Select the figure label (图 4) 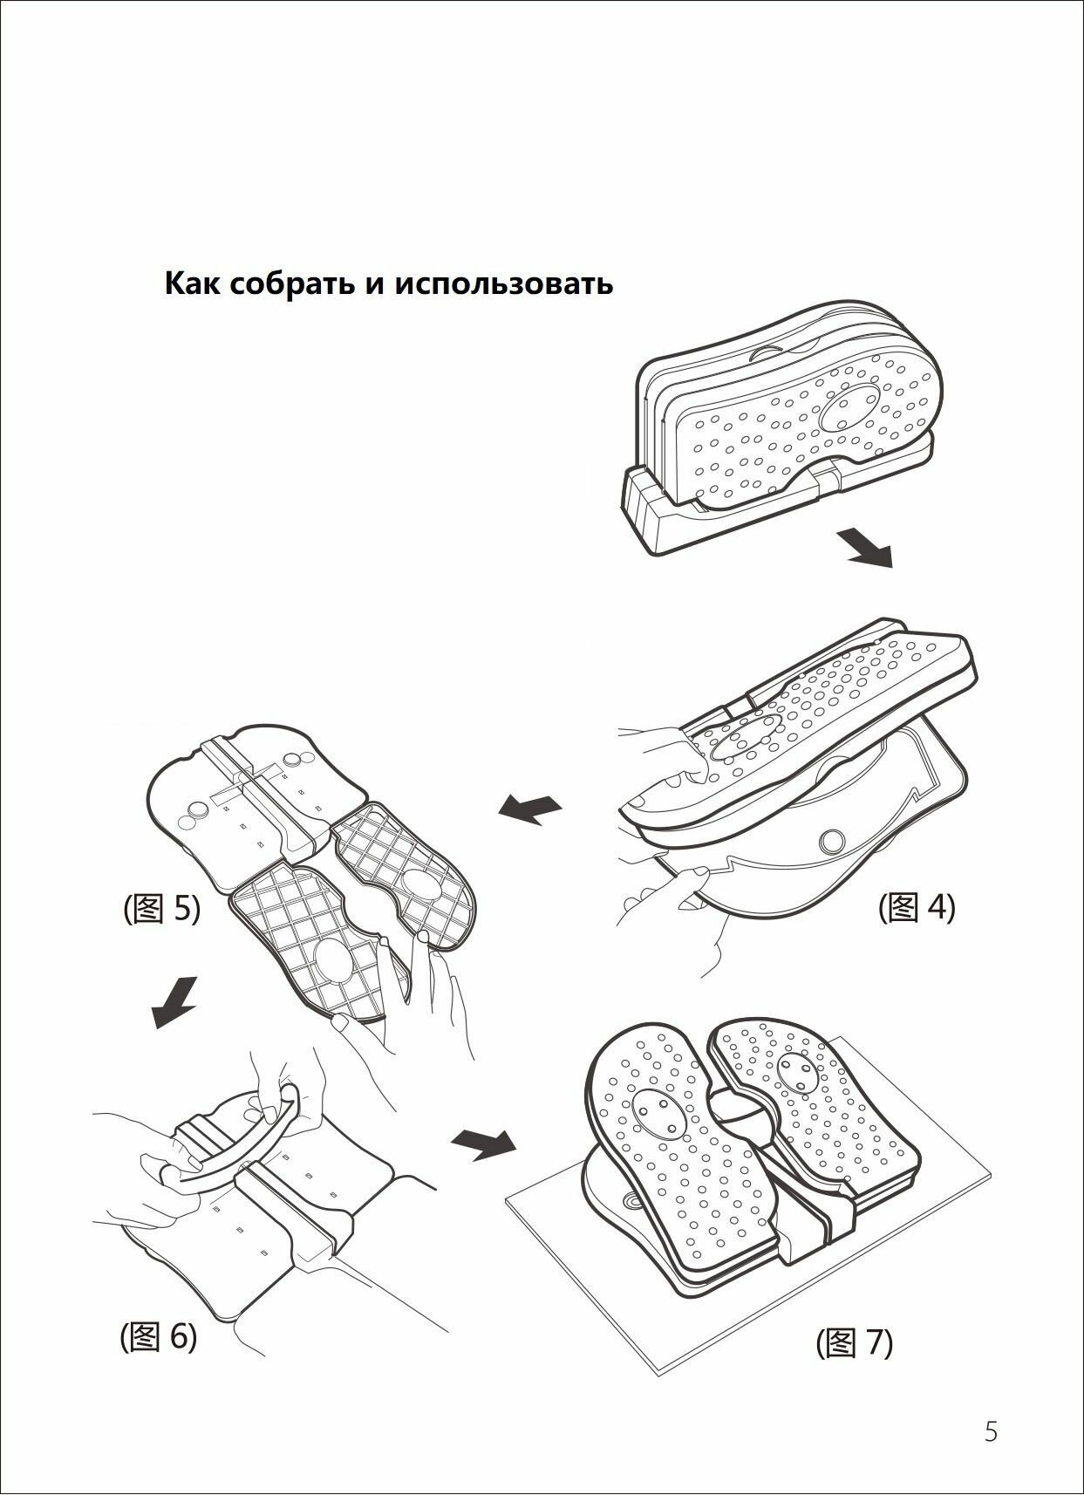pos(917,907)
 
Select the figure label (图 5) pos(162,909)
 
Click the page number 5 pos(991,1431)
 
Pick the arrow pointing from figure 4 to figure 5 pos(530,809)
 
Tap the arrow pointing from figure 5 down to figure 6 pos(174,1003)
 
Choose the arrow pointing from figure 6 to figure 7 pos(483,1143)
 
